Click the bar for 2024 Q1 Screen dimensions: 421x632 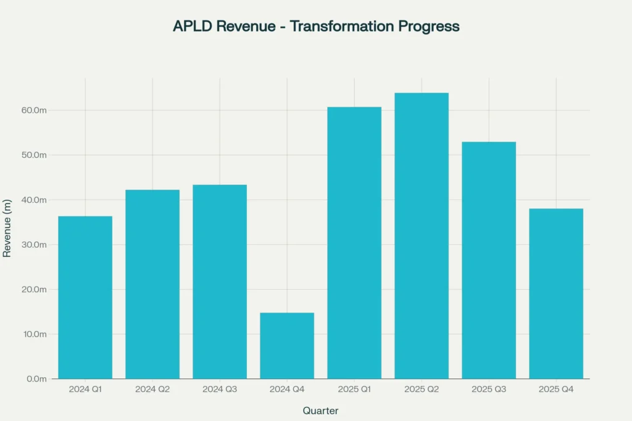[85, 297]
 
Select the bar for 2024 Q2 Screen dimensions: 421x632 [152, 284]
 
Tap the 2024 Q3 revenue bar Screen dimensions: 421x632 [220, 282]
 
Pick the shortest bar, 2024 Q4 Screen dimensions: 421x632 [287, 346]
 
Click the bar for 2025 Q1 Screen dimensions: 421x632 [354, 243]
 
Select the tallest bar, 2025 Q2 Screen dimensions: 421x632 [422, 235]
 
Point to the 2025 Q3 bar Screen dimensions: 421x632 [489, 260]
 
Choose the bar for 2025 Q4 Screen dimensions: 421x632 [556, 293]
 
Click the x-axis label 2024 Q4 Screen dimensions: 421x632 [287, 390]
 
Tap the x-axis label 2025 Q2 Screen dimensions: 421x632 [422, 390]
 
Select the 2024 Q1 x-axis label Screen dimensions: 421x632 [85, 390]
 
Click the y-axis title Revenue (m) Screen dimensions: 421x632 [7, 228]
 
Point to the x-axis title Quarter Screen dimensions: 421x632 [320, 411]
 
